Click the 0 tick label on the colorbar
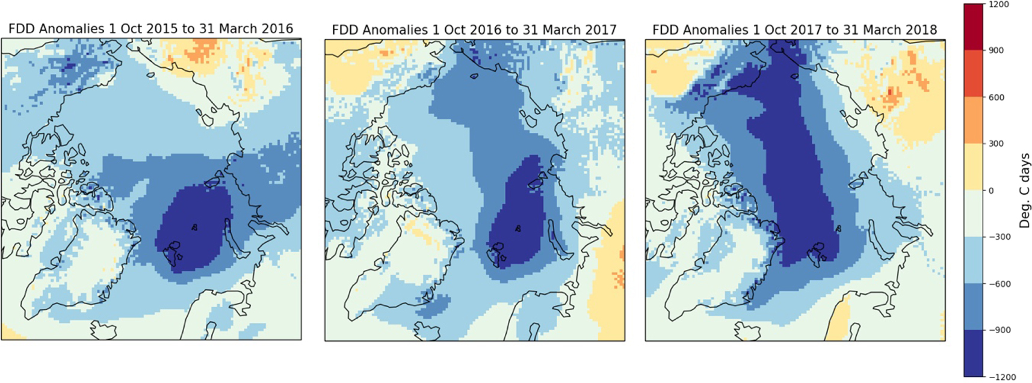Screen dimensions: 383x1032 991,191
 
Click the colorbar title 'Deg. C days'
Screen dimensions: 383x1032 1024,191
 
